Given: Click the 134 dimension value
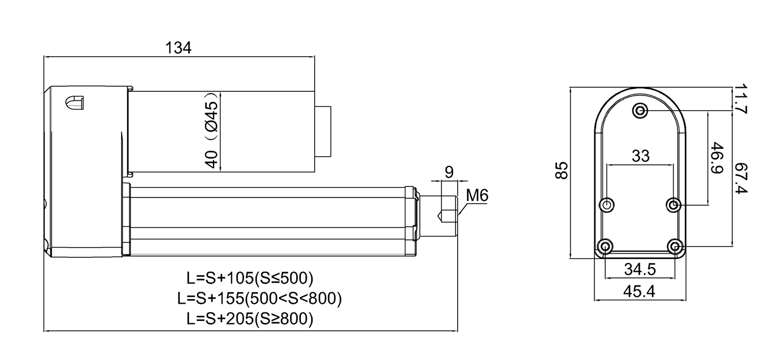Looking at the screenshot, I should (x=179, y=48).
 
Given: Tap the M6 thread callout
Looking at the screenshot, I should (x=477, y=196).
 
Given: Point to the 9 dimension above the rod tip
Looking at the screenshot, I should (x=450, y=172).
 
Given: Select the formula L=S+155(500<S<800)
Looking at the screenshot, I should (x=260, y=299).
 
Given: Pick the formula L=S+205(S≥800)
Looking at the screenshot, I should (x=250, y=319).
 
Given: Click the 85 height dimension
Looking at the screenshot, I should (x=563, y=171).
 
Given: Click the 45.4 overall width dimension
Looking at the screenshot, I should (x=640, y=291).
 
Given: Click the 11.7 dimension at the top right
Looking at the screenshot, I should (x=741, y=99).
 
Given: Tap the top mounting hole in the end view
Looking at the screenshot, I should (x=640, y=110).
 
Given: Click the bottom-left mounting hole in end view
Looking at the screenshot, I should (x=605, y=247).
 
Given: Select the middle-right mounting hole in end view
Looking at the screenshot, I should (x=675, y=204).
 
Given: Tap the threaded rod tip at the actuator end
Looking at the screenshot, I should (x=447, y=216).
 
